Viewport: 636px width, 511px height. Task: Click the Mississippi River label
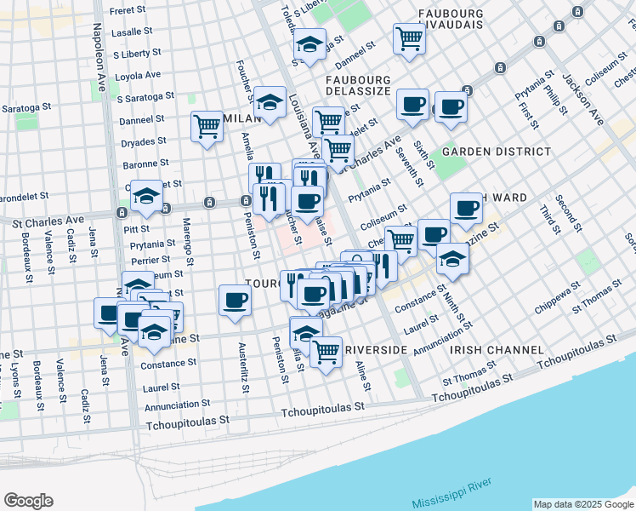451,494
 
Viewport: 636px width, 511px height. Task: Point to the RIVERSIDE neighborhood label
376,350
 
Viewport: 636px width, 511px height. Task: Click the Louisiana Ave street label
301,126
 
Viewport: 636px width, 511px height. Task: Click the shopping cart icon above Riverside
326,351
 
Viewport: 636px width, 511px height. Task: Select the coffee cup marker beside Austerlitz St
235,299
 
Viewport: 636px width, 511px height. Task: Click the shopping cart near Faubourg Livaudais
409,38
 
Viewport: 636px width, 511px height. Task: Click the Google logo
28,501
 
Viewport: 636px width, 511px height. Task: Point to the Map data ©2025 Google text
583,504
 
